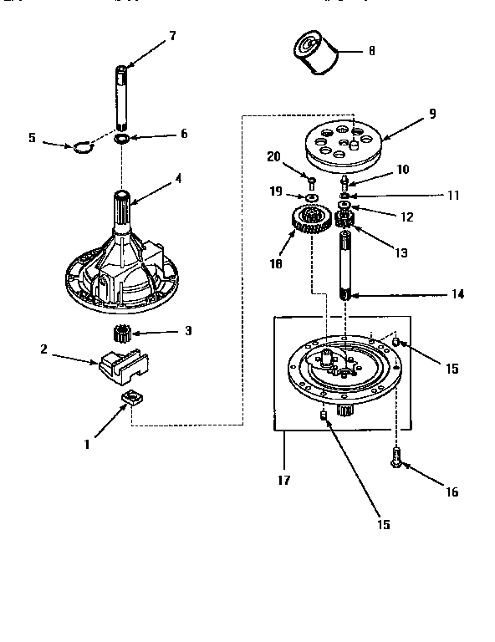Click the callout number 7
click(172, 36)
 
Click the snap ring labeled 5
click(82, 148)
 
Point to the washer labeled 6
click(122, 137)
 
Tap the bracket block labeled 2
click(122, 365)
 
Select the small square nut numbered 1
click(130, 398)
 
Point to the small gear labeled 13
click(344, 221)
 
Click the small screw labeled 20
click(311, 181)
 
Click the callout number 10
click(402, 169)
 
